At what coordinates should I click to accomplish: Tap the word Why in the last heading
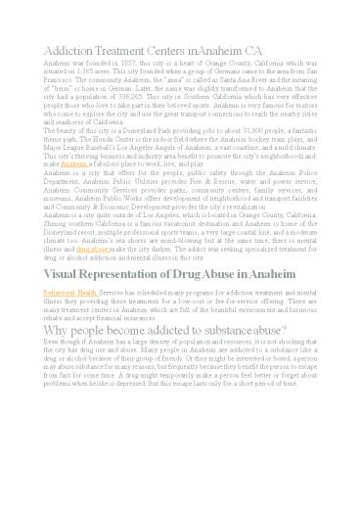[x=59, y=330]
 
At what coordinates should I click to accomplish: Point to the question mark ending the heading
[x=312, y=330]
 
